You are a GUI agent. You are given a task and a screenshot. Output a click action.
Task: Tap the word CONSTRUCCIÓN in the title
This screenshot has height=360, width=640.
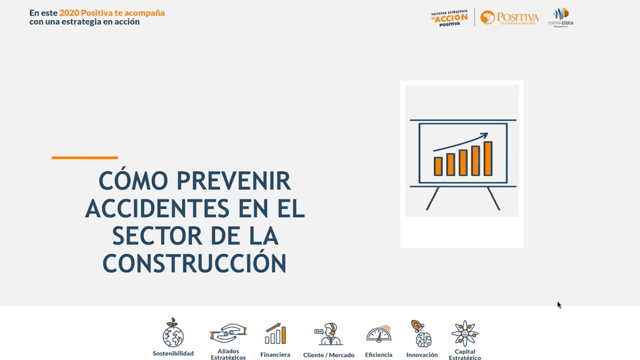(194, 263)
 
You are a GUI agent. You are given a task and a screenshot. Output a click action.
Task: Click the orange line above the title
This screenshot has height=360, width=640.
(84, 157)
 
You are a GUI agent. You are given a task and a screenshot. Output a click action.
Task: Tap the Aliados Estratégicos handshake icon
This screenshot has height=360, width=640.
(228, 333)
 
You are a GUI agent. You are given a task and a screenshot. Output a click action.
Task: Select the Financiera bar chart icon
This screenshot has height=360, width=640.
(275, 333)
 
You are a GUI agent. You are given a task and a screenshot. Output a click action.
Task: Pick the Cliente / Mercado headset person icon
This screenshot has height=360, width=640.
(328, 334)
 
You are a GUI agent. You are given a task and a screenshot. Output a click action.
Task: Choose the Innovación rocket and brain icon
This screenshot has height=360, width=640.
(421, 333)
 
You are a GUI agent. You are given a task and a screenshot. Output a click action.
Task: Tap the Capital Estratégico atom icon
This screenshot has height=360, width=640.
(465, 333)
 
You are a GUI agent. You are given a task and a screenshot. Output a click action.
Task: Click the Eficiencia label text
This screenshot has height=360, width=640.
(378, 355)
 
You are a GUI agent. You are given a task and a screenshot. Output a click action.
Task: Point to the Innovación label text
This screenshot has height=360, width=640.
(422, 355)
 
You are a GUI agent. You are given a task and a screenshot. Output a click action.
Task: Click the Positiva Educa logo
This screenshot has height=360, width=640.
(560, 17)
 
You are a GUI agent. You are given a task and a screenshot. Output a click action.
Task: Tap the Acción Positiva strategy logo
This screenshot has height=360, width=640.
(449, 17)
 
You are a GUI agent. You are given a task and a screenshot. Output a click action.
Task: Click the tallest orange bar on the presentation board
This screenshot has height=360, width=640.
(487, 158)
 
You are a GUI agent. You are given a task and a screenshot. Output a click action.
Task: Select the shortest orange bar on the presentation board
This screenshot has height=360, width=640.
(438, 166)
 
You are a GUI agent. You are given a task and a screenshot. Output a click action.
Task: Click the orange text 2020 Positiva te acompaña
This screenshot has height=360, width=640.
(112, 13)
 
